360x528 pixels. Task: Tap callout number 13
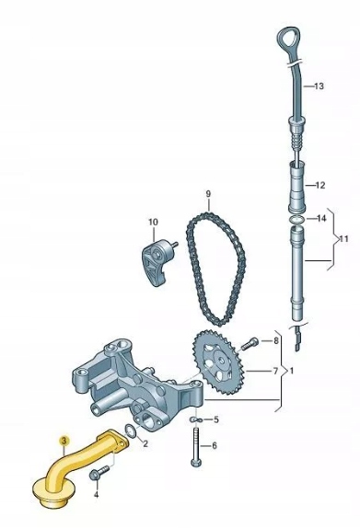tap(319, 86)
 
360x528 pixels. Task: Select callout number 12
tap(319, 185)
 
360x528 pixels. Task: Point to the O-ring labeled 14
tap(297, 219)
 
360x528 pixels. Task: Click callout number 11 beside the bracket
tap(343, 239)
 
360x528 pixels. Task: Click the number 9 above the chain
tap(208, 194)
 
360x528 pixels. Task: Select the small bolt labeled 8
tap(250, 344)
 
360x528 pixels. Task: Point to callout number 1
tap(292, 371)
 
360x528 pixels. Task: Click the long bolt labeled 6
tap(196, 446)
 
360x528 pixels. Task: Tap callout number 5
tap(216, 419)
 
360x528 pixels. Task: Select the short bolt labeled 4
tap(99, 473)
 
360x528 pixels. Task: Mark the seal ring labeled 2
tap(131, 430)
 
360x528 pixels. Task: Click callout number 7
tap(275, 371)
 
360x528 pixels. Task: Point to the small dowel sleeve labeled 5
tap(195, 419)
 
